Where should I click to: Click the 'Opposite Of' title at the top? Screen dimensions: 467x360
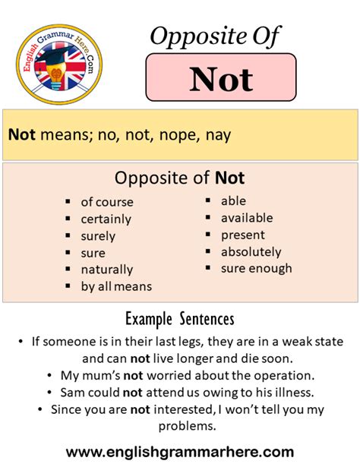[x=214, y=36]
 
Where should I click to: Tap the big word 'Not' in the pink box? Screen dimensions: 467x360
[x=221, y=79]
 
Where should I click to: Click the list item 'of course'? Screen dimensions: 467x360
[x=107, y=202]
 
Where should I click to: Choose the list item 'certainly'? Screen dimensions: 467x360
[x=106, y=219]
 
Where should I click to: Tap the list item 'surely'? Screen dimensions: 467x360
[x=99, y=235]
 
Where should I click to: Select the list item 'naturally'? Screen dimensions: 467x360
[x=107, y=269]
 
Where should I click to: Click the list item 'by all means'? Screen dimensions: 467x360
[x=116, y=286]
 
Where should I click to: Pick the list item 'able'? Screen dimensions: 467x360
[x=234, y=201]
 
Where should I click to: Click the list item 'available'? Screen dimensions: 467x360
[x=247, y=218]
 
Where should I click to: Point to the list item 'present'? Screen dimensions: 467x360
[x=243, y=235]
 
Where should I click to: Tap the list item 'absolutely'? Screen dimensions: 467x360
[x=251, y=251]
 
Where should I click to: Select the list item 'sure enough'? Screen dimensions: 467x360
[x=257, y=268]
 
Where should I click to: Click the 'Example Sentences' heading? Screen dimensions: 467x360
[x=180, y=318]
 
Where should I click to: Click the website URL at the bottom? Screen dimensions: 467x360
[x=180, y=451]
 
